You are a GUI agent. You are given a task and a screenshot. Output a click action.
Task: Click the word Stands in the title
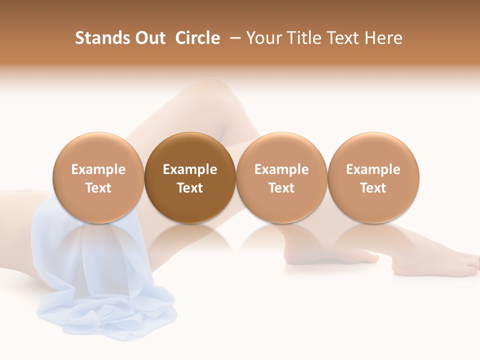(x=102, y=38)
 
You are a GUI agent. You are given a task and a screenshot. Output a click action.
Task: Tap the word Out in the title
(x=149, y=38)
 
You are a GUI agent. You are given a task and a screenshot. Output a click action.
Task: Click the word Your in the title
(x=264, y=38)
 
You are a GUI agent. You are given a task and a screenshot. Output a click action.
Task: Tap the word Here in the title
(x=384, y=38)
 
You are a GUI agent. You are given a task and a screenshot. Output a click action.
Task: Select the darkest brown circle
(x=190, y=177)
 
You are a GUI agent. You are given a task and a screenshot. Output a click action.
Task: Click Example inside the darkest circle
(x=190, y=169)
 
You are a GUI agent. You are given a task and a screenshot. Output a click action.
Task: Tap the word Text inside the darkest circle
(x=190, y=188)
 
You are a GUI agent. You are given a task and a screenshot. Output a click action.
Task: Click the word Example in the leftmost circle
(x=98, y=169)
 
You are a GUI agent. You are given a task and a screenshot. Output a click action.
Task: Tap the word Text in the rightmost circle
(x=373, y=188)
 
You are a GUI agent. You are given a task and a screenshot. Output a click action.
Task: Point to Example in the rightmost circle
(x=373, y=169)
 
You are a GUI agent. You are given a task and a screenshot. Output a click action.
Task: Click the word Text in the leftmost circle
(x=98, y=188)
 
